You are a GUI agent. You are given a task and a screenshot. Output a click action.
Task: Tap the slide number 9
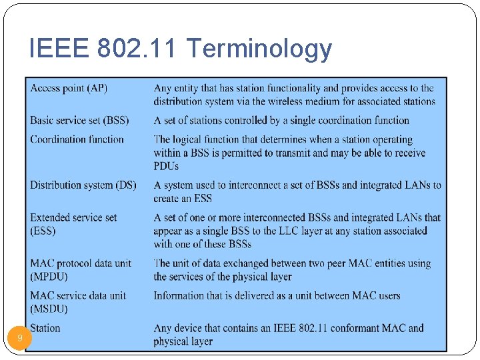[x=20, y=338]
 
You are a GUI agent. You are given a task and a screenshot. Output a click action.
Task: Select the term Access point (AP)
[x=69, y=88]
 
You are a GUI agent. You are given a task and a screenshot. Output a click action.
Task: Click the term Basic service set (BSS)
[x=79, y=121]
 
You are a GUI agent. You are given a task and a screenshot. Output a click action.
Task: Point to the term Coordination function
[x=77, y=139]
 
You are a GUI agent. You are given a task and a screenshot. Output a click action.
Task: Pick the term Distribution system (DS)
[x=83, y=185]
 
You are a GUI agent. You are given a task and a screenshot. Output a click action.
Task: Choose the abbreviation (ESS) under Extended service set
[x=43, y=231]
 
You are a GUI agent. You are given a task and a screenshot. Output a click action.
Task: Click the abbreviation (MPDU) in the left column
[x=49, y=276]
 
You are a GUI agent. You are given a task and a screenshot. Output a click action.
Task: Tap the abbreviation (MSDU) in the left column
[x=49, y=309]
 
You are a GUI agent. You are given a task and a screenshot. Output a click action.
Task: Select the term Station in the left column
[x=45, y=328]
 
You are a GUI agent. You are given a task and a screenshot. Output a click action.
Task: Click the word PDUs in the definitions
[x=166, y=166]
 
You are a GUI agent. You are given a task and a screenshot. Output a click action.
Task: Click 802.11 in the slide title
[x=138, y=49]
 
